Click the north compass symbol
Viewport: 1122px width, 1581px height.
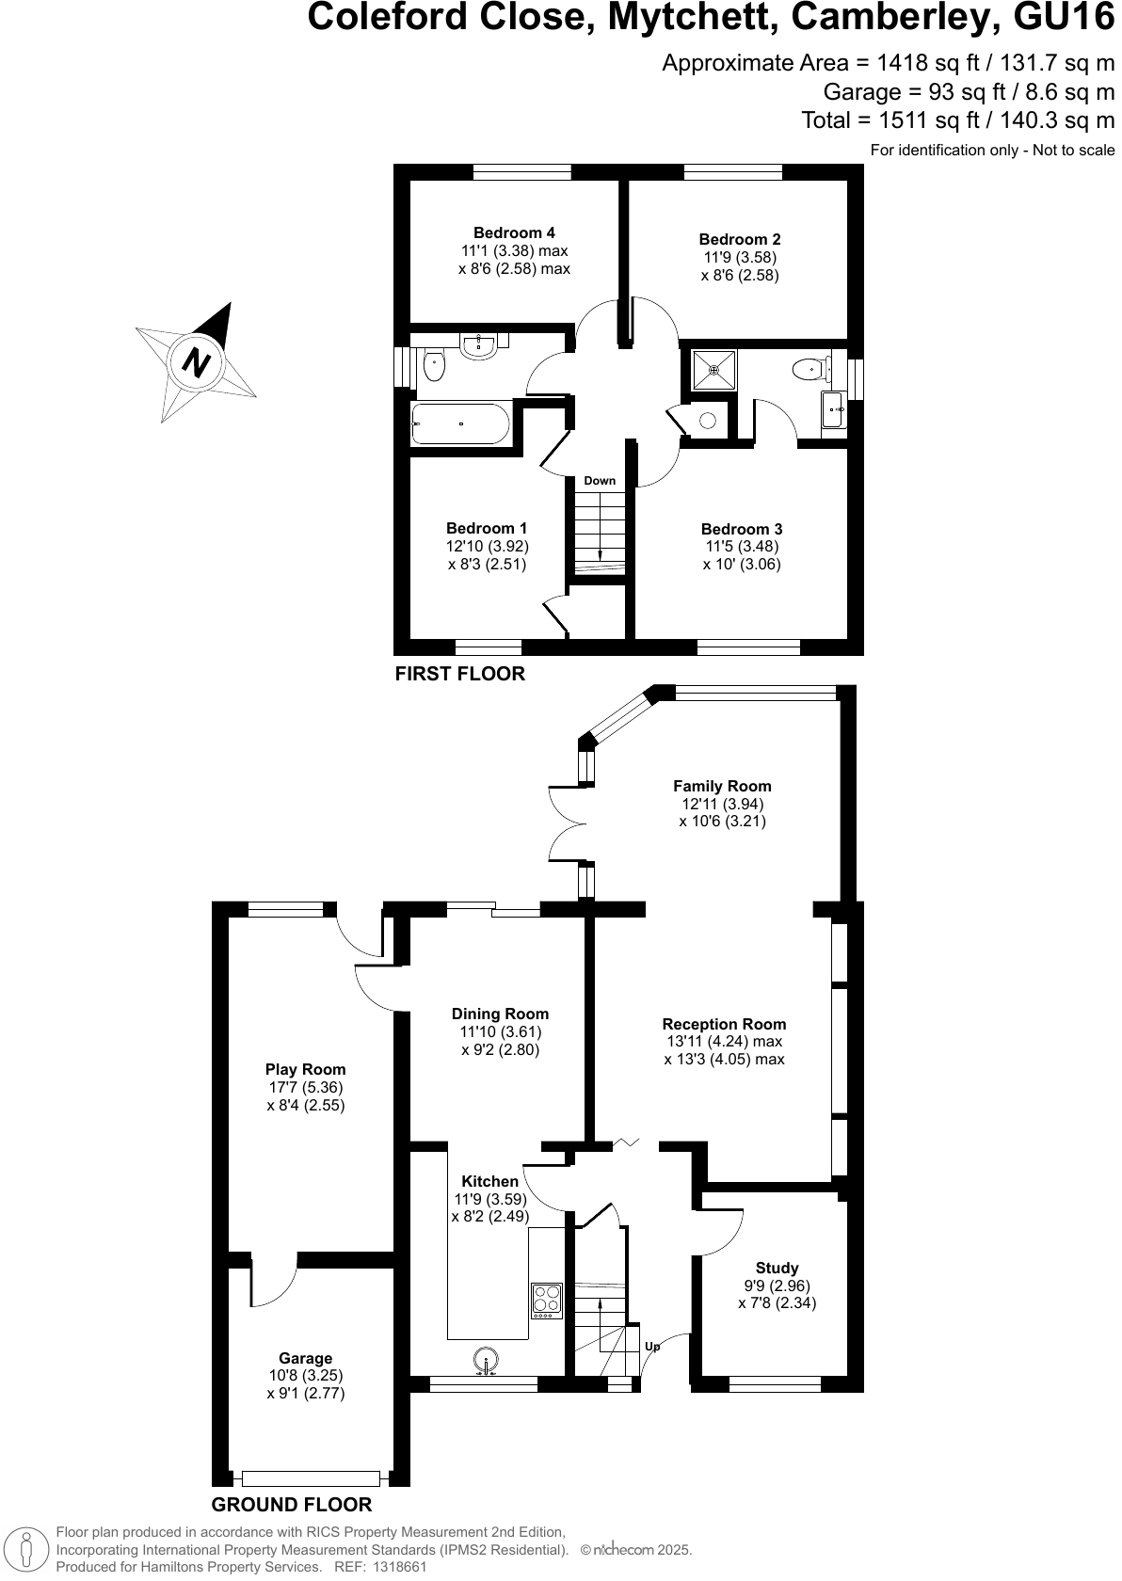pyautogui.click(x=198, y=362)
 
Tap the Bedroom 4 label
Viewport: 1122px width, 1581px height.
pyautogui.click(x=514, y=233)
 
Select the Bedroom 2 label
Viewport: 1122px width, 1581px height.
pyautogui.click(x=740, y=240)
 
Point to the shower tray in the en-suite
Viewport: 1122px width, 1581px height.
pyautogui.click(x=714, y=370)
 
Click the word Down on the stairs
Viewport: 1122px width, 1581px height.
pyautogui.click(x=600, y=481)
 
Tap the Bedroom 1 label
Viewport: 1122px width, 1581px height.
pyautogui.click(x=487, y=529)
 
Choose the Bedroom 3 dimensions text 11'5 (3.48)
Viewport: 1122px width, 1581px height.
pyautogui.click(x=742, y=547)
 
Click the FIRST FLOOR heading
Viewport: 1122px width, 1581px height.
pyautogui.click(x=459, y=674)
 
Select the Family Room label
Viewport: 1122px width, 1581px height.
pyautogui.click(x=722, y=787)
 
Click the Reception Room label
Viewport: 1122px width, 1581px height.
pyautogui.click(x=724, y=1025)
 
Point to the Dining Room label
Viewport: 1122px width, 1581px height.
pyautogui.click(x=500, y=1014)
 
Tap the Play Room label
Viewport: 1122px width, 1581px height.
pyautogui.click(x=305, y=1070)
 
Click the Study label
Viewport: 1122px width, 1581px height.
pyautogui.click(x=777, y=1269)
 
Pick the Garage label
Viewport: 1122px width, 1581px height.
pyautogui.click(x=305, y=1359)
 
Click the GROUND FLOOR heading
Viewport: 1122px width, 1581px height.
pyautogui.click(x=292, y=1505)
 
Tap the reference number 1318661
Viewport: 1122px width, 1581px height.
pyautogui.click(x=400, y=1568)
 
